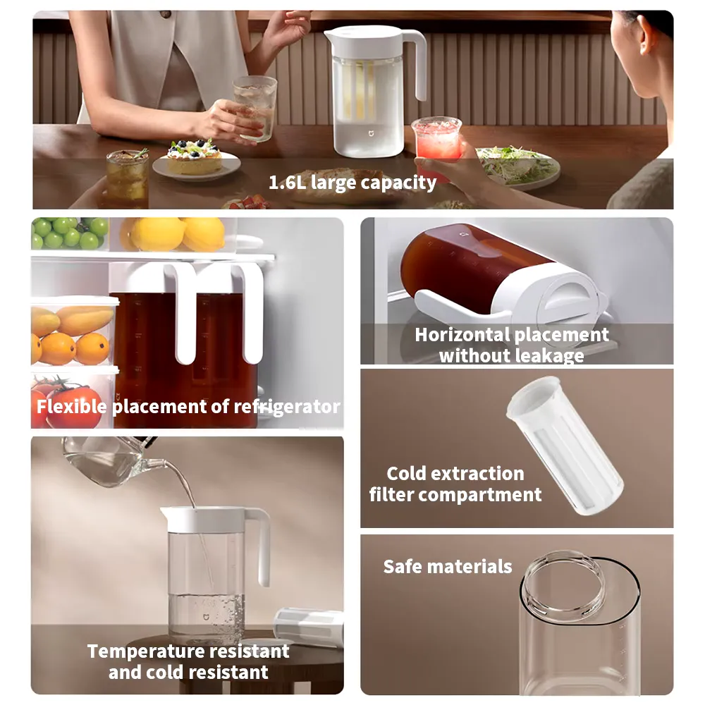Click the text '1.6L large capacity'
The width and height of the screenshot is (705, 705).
coord(352,183)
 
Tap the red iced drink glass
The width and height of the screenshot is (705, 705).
coord(436,141)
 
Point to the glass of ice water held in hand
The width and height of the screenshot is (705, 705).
coord(255,106)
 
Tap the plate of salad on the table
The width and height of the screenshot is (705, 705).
coord(518,166)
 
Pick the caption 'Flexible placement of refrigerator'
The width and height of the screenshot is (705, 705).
coord(188,407)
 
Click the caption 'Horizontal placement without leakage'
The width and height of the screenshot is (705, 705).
coord(512,345)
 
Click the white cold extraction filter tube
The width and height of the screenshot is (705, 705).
coord(564,444)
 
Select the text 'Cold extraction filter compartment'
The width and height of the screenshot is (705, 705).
coord(455,484)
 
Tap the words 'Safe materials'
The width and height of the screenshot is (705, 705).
coord(448,566)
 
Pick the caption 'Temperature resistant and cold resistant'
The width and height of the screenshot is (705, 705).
coord(188,661)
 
